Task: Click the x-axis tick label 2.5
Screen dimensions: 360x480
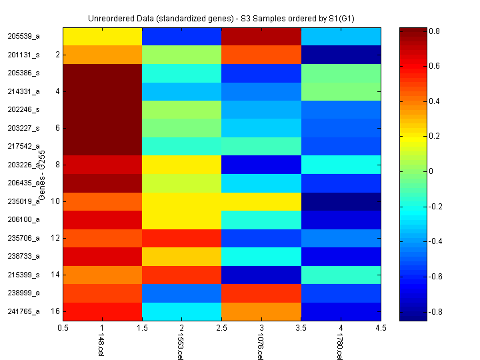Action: pos(221,328)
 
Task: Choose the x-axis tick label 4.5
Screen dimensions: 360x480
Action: pos(381,328)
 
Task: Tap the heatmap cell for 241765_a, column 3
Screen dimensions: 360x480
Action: pos(261,311)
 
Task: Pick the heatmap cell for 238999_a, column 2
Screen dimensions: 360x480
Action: pos(182,292)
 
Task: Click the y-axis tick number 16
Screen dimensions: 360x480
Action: pos(56,311)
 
